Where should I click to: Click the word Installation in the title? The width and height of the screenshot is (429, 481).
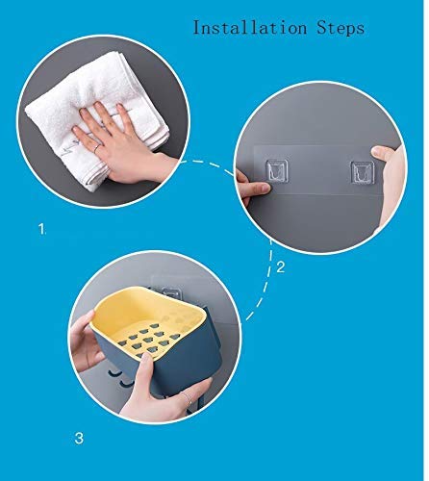pos(250,27)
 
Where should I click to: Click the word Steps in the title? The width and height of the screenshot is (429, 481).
pos(341,27)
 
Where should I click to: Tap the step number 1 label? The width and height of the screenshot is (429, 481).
pos(42,229)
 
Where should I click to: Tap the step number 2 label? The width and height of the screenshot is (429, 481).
pos(280,266)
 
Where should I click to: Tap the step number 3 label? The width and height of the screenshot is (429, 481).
pos(79,438)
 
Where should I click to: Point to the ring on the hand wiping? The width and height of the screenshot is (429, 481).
pos(97,148)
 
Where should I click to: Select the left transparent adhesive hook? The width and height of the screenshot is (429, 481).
pos(277,170)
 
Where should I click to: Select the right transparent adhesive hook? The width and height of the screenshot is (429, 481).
pos(363,173)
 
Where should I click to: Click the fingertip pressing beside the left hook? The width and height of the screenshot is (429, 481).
pos(264,188)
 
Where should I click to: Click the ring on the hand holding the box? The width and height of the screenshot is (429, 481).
pos(188,397)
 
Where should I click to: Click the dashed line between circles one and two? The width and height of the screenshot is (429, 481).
pos(210,164)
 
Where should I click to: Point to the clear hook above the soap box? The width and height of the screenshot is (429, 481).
pos(168,293)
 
